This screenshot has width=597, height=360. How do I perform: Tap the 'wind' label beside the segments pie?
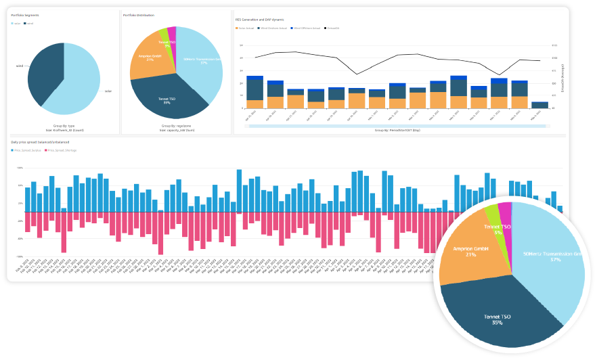[x=20, y=66]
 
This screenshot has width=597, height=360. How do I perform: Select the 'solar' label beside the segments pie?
[x=108, y=91]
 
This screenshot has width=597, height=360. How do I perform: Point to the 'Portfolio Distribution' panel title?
[x=138, y=15]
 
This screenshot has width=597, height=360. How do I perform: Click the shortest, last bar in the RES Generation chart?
[x=539, y=105]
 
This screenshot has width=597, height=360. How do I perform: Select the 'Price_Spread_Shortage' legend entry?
[x=62, y=150]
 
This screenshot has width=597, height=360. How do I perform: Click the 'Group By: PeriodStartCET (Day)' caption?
[x=398, y=130]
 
